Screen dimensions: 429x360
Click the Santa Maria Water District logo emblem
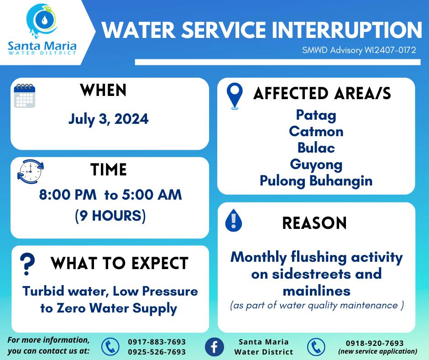pyautogui.click(x=42, y=20)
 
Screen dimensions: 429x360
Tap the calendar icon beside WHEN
pyautogui.click(x=25, y=95)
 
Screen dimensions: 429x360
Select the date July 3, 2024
pyautogui.click(x=108, y=119)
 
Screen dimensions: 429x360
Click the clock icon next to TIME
pyautogui.click(x=31, y=171)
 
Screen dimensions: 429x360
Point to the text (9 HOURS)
pyautogui.click(x=110, y=216)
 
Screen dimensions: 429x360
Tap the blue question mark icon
pyautogui.click(x=27, y=264)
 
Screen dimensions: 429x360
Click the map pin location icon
pyautogui.click(x=235, y=96)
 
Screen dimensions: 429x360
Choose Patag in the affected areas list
pyautogui.click(x=316, y=115)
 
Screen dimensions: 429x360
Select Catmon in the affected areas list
pyautogui.click(x=316, y=131)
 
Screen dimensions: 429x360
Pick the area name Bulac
pyautogui.click(x=316, y=148)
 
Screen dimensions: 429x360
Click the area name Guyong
pyautogui.click(x=316, y=165)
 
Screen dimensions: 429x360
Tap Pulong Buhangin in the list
pyautogui.click(x=316, y=181)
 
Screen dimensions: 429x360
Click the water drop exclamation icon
pyautogui.click(x=233, y=220)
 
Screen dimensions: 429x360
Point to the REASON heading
pyautogui.click(x=314, y=223)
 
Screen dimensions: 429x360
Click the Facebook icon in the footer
pyautogui.click(x=214, y=347)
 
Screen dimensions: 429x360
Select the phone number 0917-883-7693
pyautogui.click(x=157, y=342)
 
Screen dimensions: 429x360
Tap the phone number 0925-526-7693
pyautogui.click(x=157, y=352)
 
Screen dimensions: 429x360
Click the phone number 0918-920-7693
pyautogui.click(x=375, y=343)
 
